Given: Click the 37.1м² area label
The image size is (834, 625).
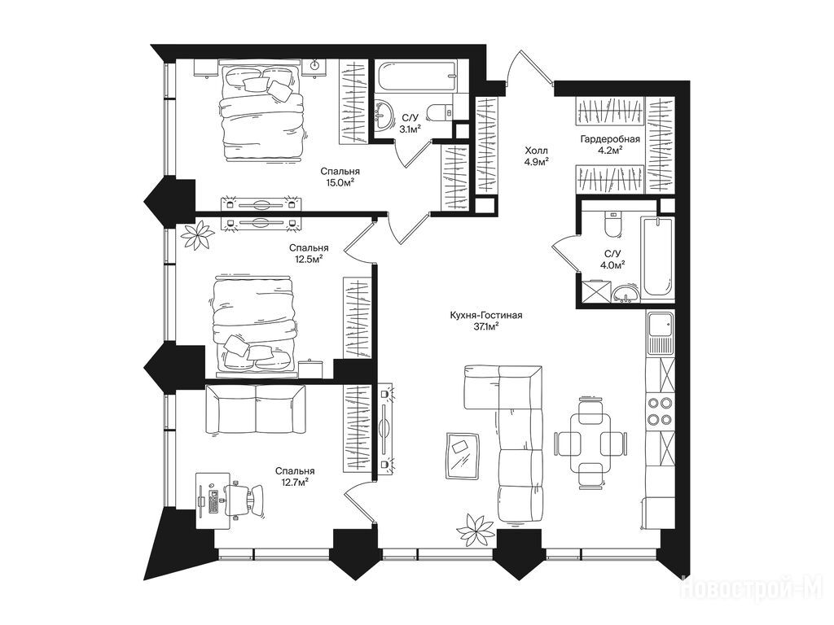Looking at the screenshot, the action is [x=485, y=326].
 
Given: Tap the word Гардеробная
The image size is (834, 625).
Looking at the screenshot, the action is [x=609, y=139].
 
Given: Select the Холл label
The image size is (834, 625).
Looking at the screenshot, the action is [x=536, y=151].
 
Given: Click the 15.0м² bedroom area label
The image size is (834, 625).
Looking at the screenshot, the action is [x=340, y=182].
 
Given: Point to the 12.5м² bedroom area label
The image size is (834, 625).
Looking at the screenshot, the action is [x=309, y=259].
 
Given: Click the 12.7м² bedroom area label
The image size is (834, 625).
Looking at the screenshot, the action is [x=295, y=482].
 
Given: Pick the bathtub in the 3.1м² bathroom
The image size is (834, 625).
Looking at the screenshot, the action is [x=415, y=77].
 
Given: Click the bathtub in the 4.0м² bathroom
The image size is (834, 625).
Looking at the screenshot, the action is [x=658, y=258].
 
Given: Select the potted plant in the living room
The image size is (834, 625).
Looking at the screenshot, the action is [x=476, y=530].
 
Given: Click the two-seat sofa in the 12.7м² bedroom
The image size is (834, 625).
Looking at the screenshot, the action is [x=256, y=410].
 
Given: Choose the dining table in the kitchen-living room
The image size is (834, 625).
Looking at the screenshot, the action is [x=590, y=442].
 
